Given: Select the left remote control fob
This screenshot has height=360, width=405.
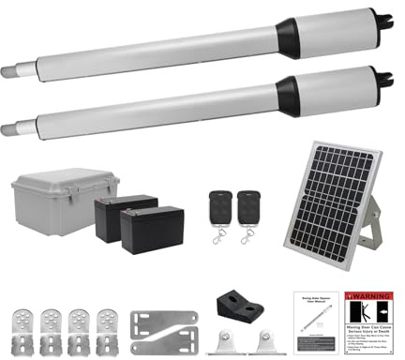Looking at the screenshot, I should (220, 205).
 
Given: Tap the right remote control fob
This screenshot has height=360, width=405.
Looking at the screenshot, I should (248, 205).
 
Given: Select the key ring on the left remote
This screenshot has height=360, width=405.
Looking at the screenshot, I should (218, 236).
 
